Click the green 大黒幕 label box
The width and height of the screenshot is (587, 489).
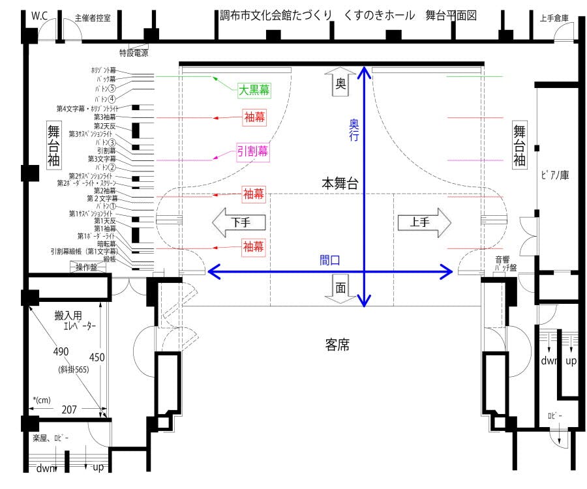[x=254, y=90]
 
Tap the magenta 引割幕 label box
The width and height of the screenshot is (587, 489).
[x=253, y=151]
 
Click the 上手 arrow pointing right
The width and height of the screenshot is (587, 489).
[x=424, y=222]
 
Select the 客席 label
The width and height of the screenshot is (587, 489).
[x=337, y=344]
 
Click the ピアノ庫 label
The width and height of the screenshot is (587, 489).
[x=555, y=175]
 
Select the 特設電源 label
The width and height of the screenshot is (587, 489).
[x=133, y=52]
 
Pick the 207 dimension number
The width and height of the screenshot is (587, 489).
[x=68, y=409]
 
